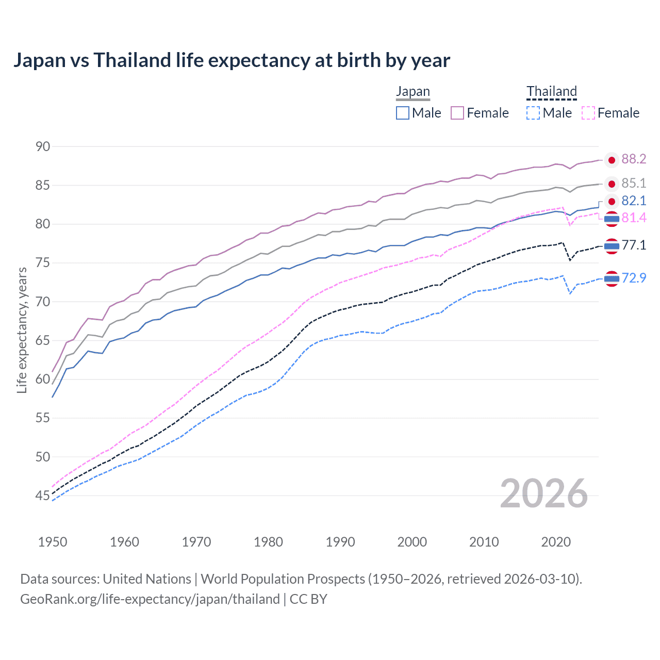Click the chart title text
pyautogui.click(x=232, y=60)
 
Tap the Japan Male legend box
pyautogui.click(x=403, y=113)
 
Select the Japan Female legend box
pyautogui.click(x=457, y=113)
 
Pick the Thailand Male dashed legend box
pyautogui.click(x=533, y=113)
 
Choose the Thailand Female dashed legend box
pyautogui.click(x=588, y=113)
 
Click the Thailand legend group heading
pyautogui.click(x=551, y=92)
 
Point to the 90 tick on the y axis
pyautogui.click(x=43, y=146)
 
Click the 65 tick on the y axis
pyautogui.click(x=43, y=340)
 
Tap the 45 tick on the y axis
pyautogui.click(x=43, y=496)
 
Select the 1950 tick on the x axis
pyautogui.click(x=53, y=542)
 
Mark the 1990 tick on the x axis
pyautogui.click(x=340, y=542)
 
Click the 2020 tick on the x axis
pyautogui.click(x=556, y=542)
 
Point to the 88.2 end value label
pyautogui.click(x=634, y=159)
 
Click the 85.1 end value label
pyautogui.click(x=634, y=184)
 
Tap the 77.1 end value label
pyautogui.click(x=634, y=245)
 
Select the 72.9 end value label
pyautogui.click(x=634, y=278)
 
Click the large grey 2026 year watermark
pyautogui.click(x=543, y=493)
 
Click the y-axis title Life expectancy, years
pyautogui.click(x=22, y=330)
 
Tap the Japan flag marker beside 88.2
pyautogui.click(x=612, y=160)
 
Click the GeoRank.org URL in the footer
pyautogui.click(x=150, y=599)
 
